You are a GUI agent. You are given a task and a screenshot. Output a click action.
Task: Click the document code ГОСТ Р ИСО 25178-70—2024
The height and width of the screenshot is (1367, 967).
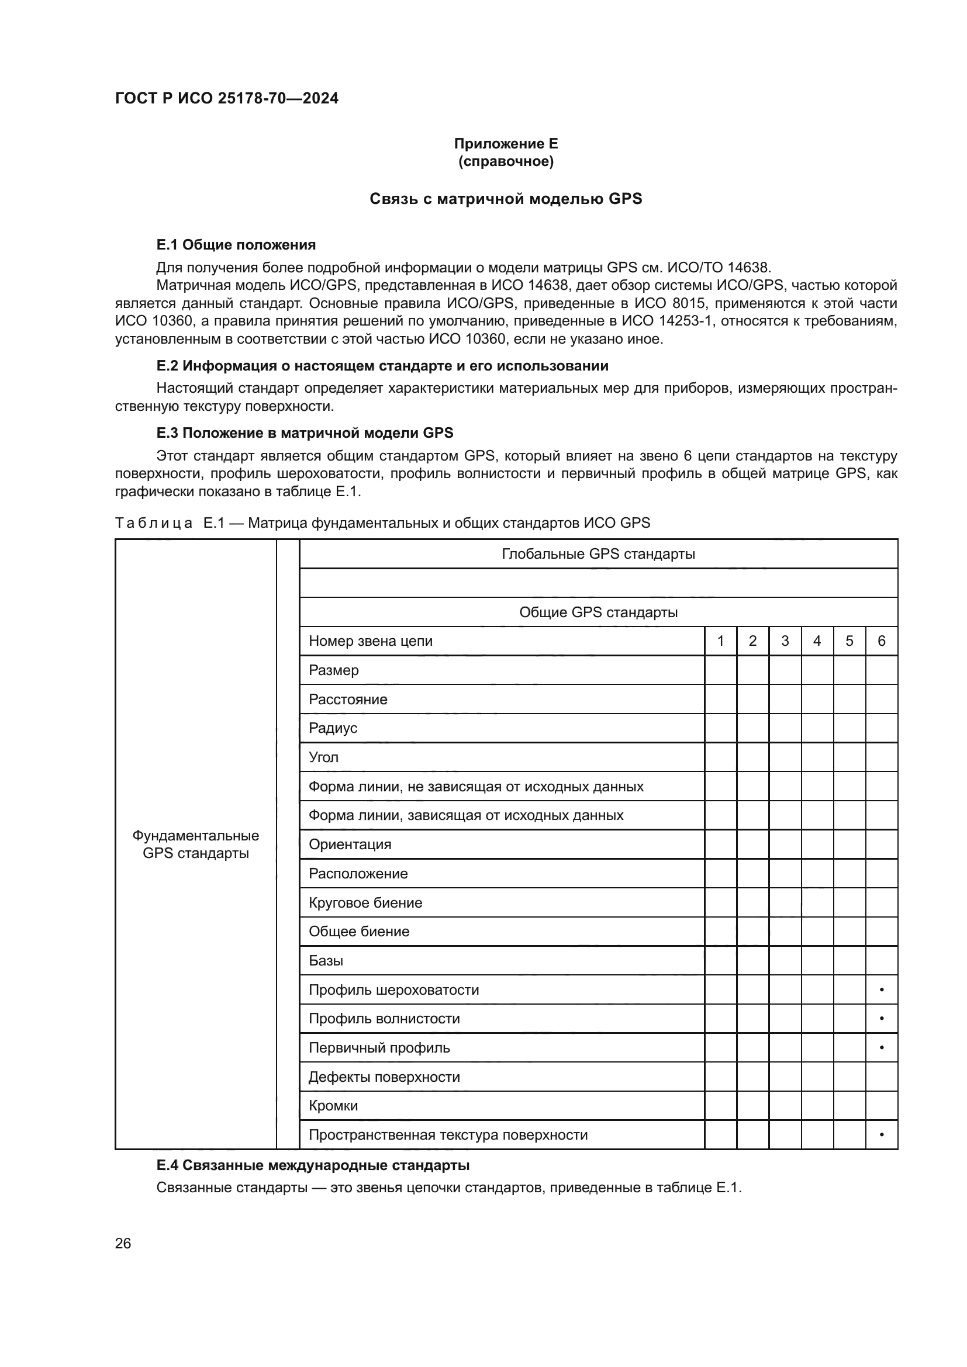(226, 98)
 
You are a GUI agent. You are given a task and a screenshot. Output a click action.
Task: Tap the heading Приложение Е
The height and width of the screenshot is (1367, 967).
(506, 144)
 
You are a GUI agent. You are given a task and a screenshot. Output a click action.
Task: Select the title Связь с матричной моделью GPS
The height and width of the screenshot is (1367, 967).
(506, 199)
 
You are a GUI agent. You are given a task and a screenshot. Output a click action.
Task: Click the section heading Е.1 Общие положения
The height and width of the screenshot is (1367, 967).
(236, 245)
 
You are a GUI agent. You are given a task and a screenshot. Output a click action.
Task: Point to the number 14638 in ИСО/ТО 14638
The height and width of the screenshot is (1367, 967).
(748, 267)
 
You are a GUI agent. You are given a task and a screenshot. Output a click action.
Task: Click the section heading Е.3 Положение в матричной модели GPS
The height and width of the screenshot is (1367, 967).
(304, 433)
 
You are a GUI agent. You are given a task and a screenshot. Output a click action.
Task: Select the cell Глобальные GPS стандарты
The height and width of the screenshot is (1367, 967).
(598, 554)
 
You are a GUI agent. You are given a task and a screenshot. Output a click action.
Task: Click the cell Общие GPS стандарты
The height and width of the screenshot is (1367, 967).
(598, 612)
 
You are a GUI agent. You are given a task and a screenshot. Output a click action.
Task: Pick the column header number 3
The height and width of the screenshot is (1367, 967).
(785, 641)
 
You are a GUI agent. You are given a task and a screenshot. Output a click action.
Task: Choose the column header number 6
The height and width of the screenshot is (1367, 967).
(881, 641)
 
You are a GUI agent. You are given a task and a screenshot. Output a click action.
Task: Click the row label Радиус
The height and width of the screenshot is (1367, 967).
(333, 728)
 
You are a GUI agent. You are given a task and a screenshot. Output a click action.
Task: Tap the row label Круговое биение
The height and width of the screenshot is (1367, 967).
(365, 902)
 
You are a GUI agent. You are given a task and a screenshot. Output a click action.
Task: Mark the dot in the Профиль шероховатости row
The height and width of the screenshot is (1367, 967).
(881, 990)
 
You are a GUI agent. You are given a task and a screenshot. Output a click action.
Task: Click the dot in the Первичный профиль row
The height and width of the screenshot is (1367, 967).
(881, 1048)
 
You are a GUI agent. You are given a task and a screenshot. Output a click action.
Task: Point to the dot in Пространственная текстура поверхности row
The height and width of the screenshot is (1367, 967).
(881, 1135)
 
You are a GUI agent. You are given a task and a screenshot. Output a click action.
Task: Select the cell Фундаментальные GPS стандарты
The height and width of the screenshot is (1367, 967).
(195, 845)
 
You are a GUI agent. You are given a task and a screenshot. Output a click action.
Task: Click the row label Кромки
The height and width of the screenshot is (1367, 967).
(333, 1106)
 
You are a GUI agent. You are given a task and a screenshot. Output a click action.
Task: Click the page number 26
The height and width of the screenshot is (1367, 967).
(123, 1244)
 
